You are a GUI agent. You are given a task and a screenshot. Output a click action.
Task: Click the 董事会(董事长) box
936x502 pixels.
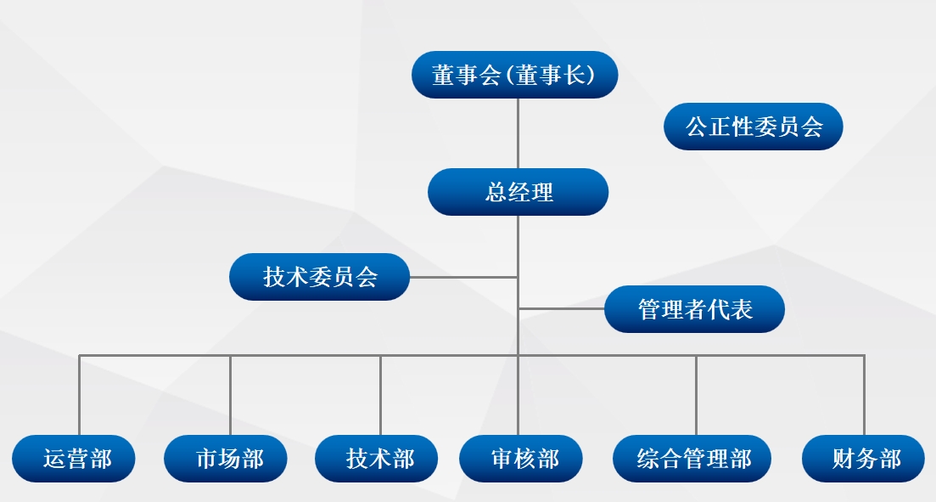pyautogui.click(x=514, y=75)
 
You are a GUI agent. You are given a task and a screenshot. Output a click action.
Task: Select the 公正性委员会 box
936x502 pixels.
pyautogui.click(x=754, y=126)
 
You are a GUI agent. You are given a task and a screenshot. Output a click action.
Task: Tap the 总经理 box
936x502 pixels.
pyautogui.click(x=518, y=192)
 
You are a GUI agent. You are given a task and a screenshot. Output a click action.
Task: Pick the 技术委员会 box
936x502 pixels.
pyautogui.click(x=320, y=277)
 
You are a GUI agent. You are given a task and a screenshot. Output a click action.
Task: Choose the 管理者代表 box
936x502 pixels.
pyautogui.click(x=694, y=309)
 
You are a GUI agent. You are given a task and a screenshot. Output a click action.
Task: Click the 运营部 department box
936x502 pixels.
pyautogui.click(x=74, y=459)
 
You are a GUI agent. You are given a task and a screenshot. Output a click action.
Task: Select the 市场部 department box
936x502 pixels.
pyautogui.click(x=226, y=459)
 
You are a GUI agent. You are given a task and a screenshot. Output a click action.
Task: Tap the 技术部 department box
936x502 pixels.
pyautogui.click(x=377, y=459)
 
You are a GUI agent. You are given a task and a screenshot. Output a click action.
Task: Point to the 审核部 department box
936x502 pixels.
pyautogui.click(x=520, y=459)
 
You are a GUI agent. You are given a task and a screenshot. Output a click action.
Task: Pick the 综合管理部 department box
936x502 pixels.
pyautogui.click(x=692, y=459)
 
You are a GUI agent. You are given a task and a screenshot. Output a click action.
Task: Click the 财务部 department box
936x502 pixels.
pyautogui.click(x=863, y=459)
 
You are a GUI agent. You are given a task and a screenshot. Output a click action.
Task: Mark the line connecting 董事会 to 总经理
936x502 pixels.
pyautogui.click(x=518, y=133)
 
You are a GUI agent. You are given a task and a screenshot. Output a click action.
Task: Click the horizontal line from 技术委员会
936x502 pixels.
pyautogui.click(x=464, y=277)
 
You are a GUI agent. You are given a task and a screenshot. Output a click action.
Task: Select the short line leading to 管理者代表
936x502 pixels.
pyautogui.click(x=561, y=309)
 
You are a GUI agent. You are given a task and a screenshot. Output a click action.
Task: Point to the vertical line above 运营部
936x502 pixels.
pyautogui.click(x=80, y=396)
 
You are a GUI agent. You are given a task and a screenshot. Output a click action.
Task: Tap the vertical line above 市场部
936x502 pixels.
pyautogui.click(x=231, y=396)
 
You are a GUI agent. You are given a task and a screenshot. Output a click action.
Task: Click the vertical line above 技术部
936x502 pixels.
pyautogui.click(x=381, y=396)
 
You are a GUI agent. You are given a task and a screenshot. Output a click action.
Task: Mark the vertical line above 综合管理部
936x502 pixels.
pyautogui.click(x=696, y=396)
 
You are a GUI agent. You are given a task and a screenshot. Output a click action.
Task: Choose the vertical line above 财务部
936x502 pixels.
pyautogui.click(x=864, y=396)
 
